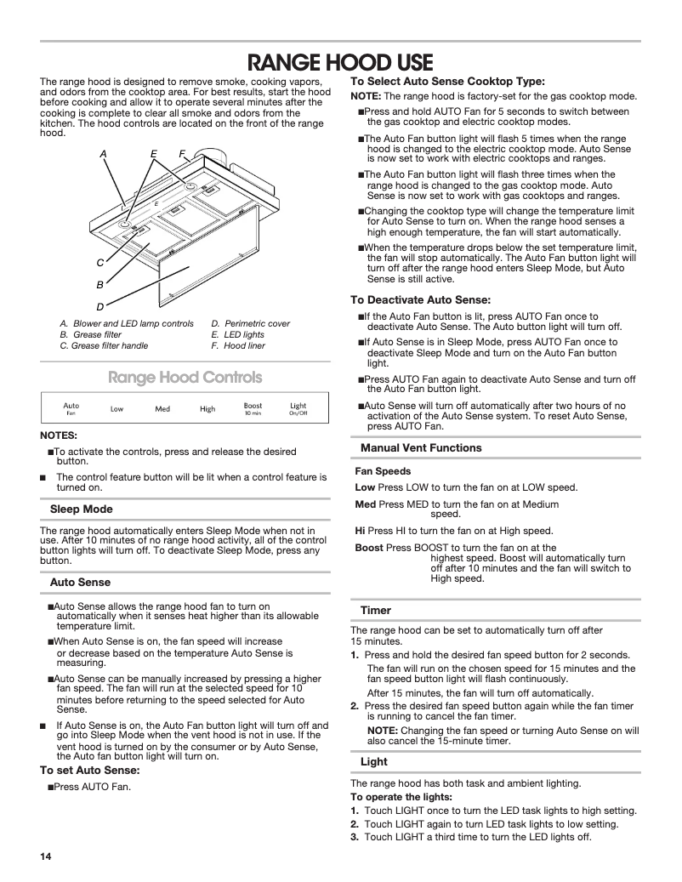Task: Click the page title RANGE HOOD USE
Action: (x=340, y=63)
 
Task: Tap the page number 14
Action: (x=46, y=855)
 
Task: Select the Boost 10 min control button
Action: (x=253, y=408)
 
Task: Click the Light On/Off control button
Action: (x=298, y=408)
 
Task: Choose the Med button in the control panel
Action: (x=162, y=409)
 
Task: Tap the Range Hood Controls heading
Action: (x=184, y=377)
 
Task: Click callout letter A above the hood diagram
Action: (x=103, y=154)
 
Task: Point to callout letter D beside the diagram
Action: (x=100, y=306)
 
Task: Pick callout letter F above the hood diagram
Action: (x=182, y=154)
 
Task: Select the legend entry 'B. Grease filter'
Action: (x=90, y=335)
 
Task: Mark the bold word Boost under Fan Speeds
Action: (x=368, y=548)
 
